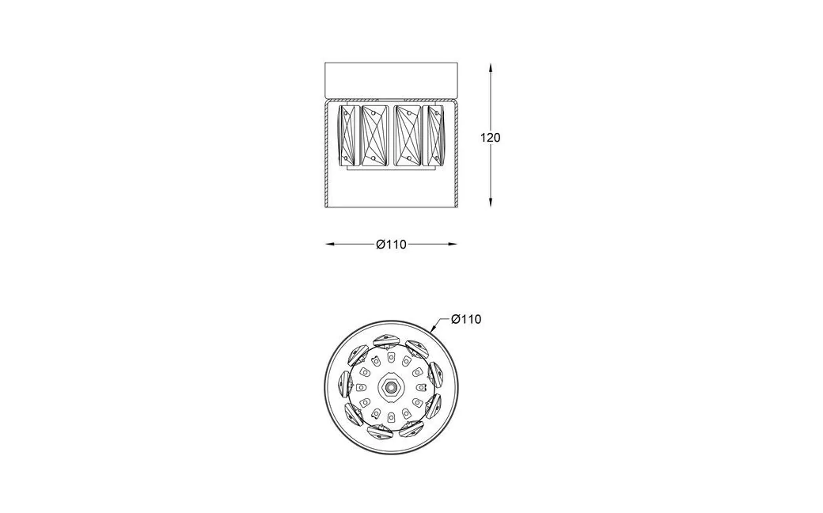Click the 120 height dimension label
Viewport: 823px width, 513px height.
[490, 138]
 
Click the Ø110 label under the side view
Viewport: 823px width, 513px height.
[391, 244]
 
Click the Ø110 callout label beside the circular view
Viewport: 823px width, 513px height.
[466, 319]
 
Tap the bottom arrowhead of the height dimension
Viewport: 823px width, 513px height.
[490, 202]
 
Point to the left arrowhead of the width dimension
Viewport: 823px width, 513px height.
[332, 244]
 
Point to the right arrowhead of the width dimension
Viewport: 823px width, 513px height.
[451, 244]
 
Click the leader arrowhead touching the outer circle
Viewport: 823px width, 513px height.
[434, 329]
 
